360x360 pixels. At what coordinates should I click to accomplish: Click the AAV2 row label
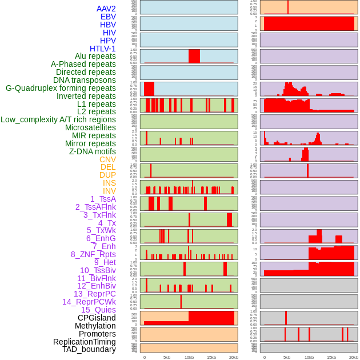106,9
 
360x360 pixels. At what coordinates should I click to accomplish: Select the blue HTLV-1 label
102,49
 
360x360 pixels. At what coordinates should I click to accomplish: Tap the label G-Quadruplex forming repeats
61,89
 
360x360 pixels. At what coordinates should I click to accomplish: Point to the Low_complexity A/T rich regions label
58,119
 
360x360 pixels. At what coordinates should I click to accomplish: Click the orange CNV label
107,159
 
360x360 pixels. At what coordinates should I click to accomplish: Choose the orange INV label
109,191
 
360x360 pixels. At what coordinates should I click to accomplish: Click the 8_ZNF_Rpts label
93,254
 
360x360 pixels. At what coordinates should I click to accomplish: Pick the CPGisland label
97,318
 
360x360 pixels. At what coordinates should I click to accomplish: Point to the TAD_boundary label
89,349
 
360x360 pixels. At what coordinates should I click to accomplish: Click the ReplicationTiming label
85,342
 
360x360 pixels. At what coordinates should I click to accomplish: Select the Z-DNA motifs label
93,151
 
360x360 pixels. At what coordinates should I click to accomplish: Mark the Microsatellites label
90,127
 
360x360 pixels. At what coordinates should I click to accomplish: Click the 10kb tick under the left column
189,358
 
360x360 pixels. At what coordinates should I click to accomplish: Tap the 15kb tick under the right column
331,358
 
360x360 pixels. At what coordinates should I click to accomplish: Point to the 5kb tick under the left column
167,358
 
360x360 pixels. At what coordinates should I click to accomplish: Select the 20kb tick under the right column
353,358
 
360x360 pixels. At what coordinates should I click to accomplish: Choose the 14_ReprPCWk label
89,302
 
